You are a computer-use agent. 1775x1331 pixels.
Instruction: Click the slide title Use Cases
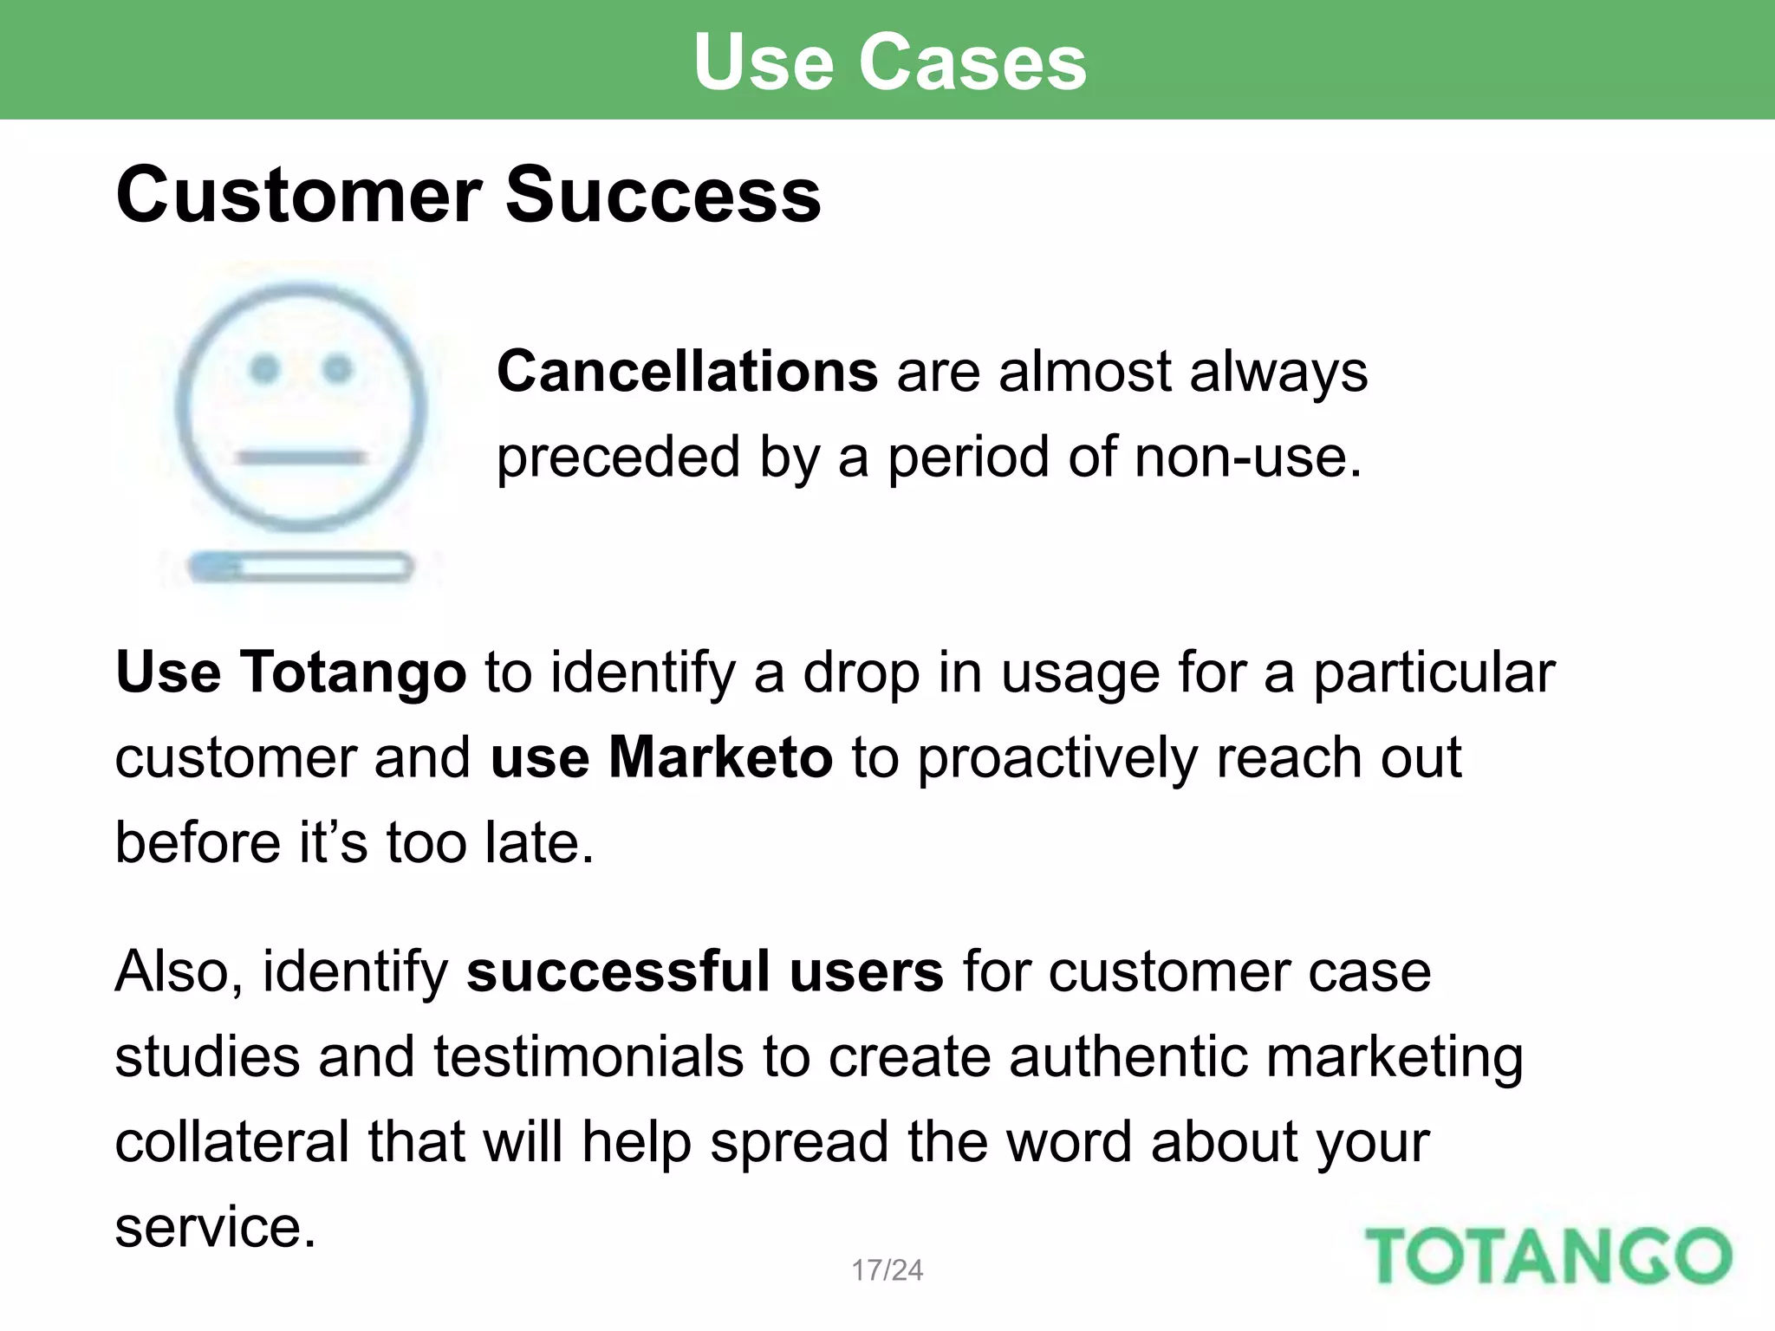coord(889,62)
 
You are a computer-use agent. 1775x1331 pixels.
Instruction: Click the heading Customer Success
coord(468,195)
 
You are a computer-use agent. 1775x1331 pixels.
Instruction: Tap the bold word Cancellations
coord(687,372)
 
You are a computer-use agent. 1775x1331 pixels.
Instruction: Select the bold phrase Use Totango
coord(291,672)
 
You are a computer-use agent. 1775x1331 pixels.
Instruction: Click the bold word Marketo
coord(720,757)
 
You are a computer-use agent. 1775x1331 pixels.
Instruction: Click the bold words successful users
coord(705,971)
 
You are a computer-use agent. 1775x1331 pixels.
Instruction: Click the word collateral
coord(231,1142)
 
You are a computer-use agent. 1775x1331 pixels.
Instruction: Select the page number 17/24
coord(887,1270)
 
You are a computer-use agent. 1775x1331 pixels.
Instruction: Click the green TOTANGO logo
coord(1548,1256)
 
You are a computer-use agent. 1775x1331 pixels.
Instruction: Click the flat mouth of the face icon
coord(301,457)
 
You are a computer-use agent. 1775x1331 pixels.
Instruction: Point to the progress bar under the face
coord(301,568)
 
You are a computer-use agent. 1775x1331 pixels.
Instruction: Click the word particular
coord(1434,672)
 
